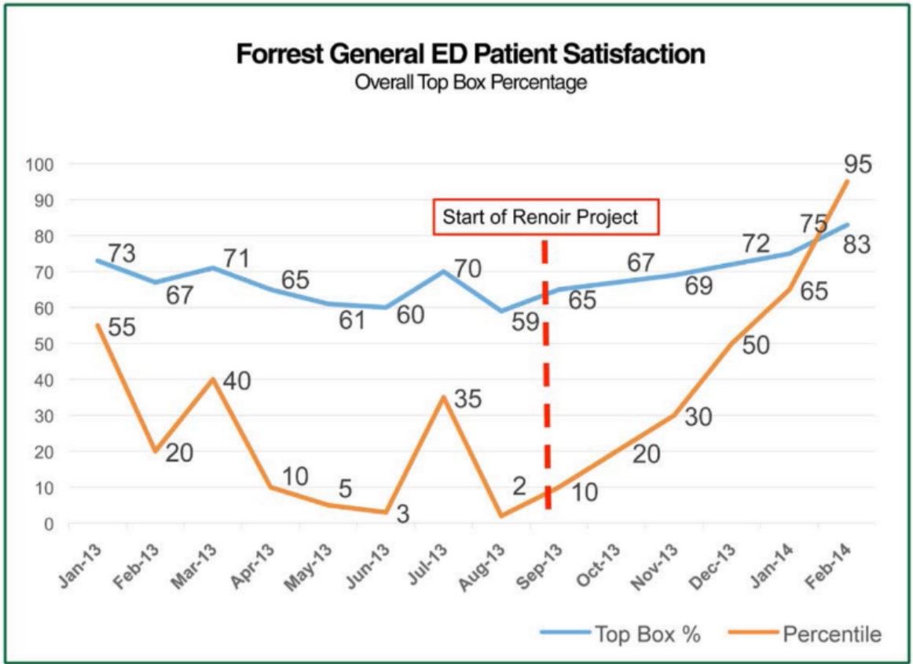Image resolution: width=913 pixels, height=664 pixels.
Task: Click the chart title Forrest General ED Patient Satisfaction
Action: tap(471, 55)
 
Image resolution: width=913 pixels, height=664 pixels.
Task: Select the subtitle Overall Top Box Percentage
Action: tap(471, 82)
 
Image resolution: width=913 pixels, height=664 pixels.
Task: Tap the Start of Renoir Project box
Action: tap(545, 217)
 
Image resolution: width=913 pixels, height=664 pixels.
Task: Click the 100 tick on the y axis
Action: tap(39, 165)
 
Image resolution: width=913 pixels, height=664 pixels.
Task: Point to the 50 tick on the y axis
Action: tap(43, 344)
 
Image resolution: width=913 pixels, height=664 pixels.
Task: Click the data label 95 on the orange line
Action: tap(857, 165)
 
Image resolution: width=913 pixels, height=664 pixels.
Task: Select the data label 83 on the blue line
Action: tap(857, 244)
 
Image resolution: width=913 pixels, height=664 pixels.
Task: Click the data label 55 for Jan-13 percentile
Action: tap(123, 327)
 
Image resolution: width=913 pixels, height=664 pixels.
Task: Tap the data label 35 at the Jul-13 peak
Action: tap(468, 399)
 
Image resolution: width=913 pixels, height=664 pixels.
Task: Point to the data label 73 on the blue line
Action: tap(122, 254)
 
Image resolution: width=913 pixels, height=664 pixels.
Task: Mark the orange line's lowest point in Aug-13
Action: tap(500, 516)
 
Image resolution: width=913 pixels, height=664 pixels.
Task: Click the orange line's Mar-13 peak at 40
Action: tap(213, 379)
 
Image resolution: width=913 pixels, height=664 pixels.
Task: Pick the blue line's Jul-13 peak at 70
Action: tap(444, 272)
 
